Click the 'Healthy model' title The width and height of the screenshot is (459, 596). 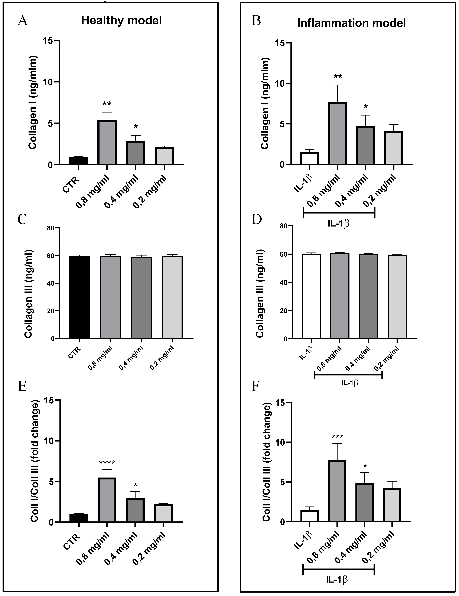tap(121, 20)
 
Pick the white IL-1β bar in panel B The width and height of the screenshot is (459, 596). tap(310, 158)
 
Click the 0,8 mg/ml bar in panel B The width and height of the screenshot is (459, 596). tap(338, 133)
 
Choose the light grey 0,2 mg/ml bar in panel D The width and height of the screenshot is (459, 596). tap(397, 297)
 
